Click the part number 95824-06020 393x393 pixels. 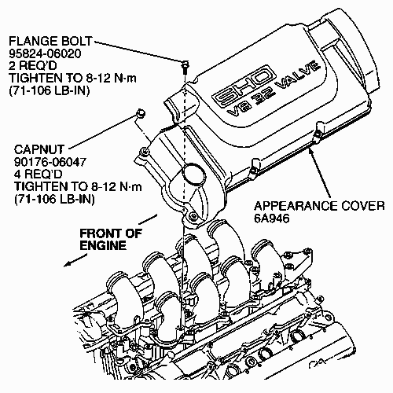click(45, 53)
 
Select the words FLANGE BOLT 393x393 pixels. click(51, 41)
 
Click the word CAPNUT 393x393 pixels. click(39, 149)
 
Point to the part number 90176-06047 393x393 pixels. click(50, 162)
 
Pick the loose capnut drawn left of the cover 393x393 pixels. click(141, 113)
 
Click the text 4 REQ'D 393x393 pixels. click(38, 174)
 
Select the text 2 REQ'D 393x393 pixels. click(33, 66)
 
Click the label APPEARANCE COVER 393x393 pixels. click(319, 206)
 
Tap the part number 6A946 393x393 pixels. click(272, 219)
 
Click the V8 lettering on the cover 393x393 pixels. click(237, 112)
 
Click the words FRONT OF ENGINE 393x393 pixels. click(111, 239)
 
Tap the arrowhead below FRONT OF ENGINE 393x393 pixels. click(68, 264)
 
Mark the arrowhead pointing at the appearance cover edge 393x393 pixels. click(311, 152)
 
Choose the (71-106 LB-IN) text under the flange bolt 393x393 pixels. click(49, 91)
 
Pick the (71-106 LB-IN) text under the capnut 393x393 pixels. click(54, 200)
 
